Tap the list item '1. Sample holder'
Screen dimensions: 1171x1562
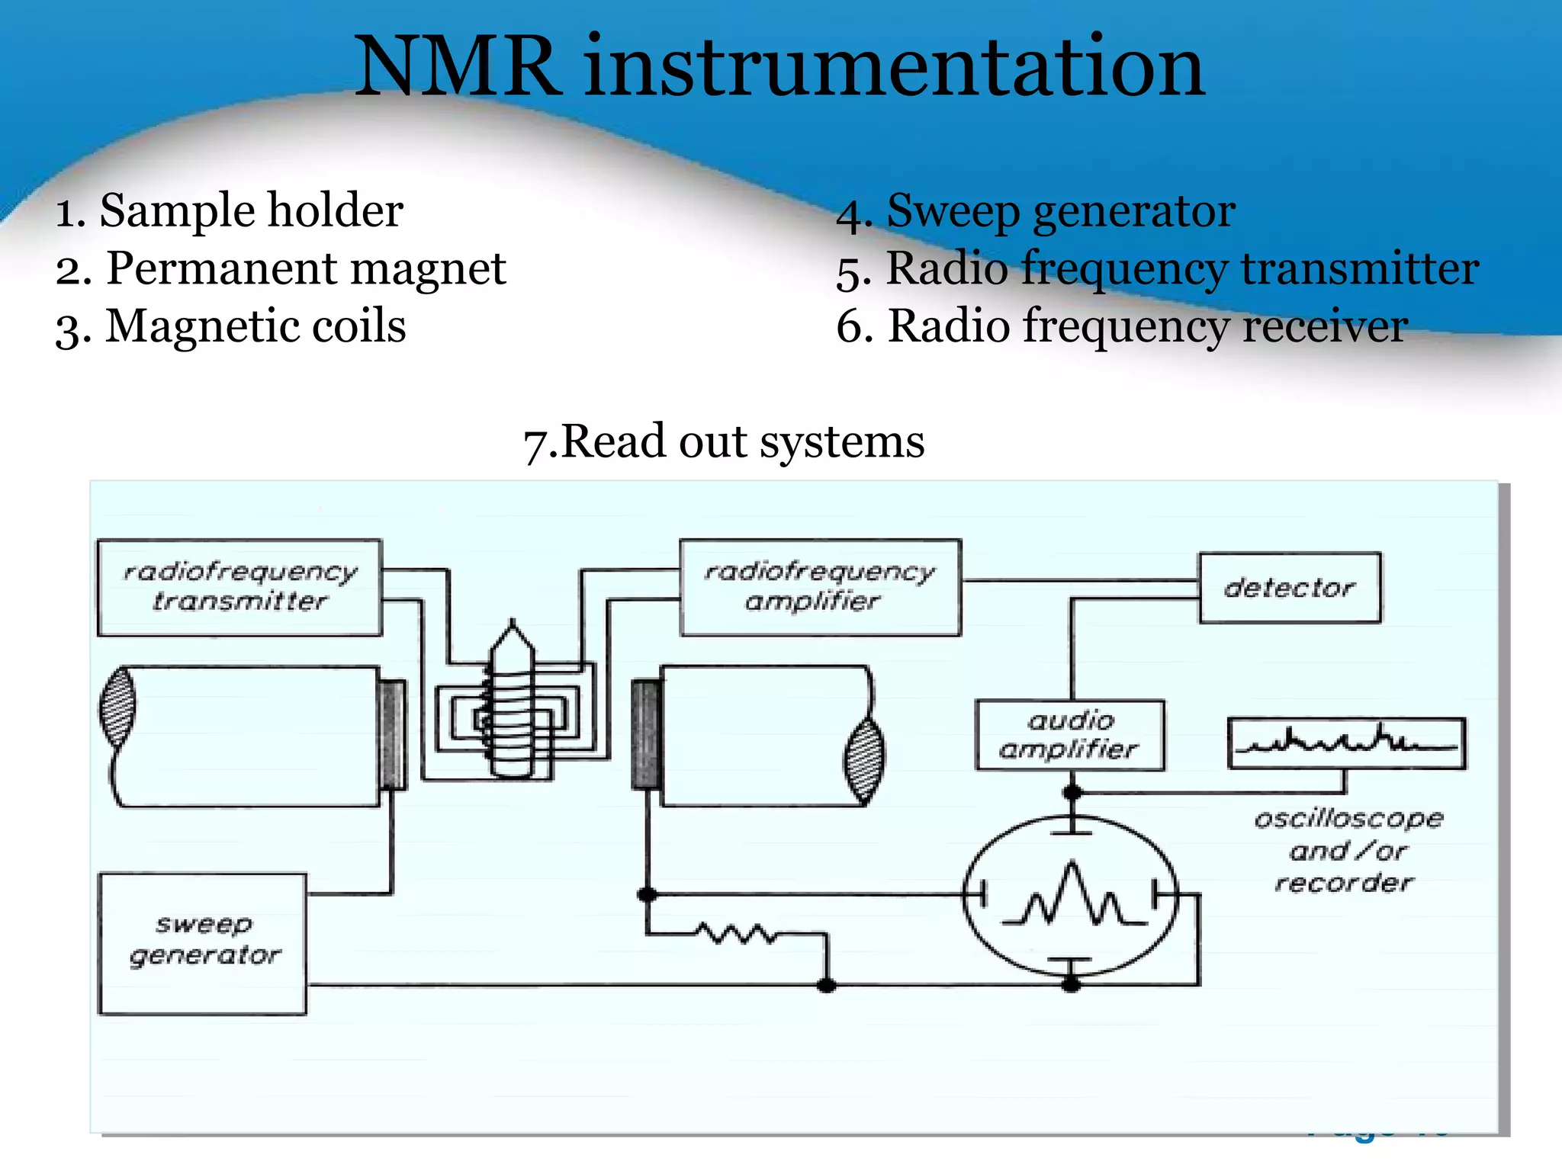click(x=229, y=210)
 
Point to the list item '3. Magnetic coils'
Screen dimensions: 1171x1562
click(x=230, y=326)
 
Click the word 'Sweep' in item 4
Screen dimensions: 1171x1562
click(x=953, y=210)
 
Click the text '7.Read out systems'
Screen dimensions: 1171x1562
click(x=723, y=441)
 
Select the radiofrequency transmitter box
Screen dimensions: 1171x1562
click(x=239, y=587)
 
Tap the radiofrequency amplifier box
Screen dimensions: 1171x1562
click(x=820, y=587)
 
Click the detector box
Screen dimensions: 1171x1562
click(x=1289, y=588)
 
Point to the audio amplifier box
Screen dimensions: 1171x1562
click(x=1069, y=735)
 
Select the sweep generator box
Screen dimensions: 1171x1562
click(x=203, y=943)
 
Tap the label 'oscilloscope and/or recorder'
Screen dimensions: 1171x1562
click(x=1347, y=850)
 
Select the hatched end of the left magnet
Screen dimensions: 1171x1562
click(x=118, y=706)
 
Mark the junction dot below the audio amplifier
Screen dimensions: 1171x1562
click(x=1072, y=792)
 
